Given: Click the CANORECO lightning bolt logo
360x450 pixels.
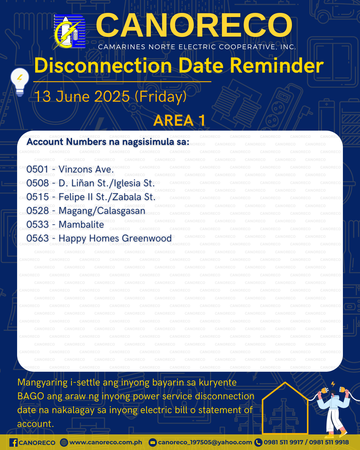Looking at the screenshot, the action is pos(69,32).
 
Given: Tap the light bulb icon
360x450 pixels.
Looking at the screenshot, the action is pos(20,82).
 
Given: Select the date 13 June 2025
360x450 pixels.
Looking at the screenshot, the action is pos(82,96).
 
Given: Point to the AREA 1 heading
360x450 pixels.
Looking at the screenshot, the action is pos(180,120).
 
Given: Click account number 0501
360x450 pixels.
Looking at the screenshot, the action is pos(37,169).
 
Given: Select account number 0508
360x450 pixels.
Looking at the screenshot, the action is pos(38,183).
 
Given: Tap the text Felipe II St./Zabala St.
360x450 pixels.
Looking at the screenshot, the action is pos(107,197).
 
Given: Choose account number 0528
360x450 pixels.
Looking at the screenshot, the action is pos(38,211).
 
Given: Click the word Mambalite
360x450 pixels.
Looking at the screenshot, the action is pos(81,225).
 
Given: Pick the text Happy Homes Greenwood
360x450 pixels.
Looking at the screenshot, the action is pos(115,238).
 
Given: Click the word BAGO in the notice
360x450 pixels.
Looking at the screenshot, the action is pos(31,396).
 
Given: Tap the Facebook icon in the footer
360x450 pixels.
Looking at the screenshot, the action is pos(13,442).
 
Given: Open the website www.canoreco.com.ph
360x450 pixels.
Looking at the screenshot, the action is pos(106,442).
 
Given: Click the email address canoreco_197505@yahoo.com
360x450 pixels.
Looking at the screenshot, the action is pos(205,442).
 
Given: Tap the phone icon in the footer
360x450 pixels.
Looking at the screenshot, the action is pos(258,442).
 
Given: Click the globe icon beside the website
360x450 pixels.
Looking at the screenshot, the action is pos(64,442).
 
